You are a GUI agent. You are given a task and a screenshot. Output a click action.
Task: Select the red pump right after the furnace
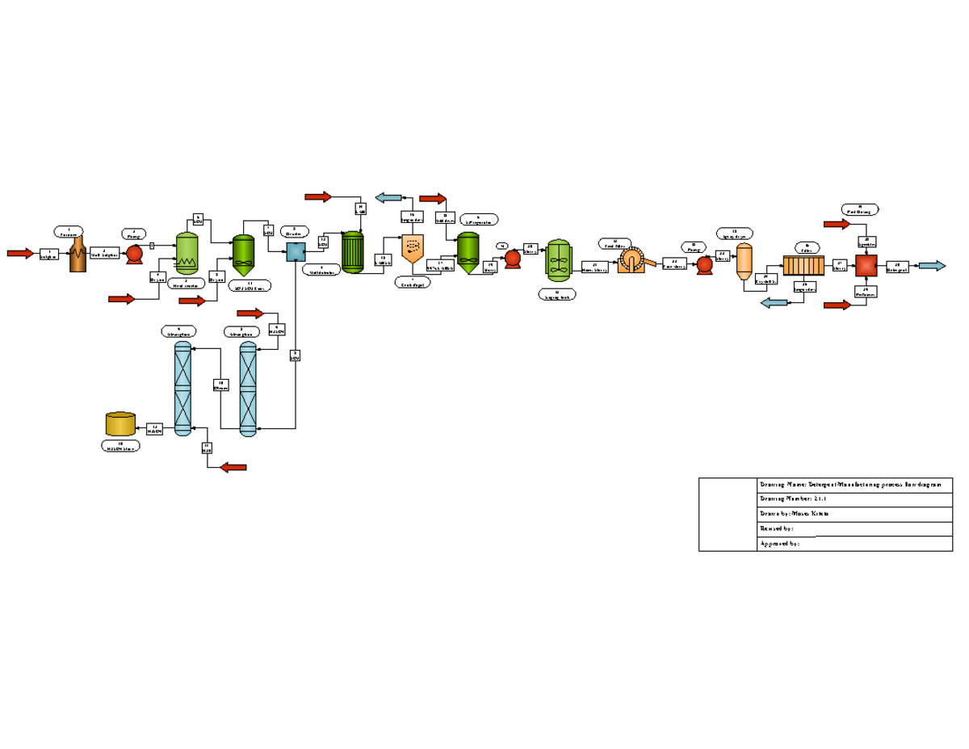134,254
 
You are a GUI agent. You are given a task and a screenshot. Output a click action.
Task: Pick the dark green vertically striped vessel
353,252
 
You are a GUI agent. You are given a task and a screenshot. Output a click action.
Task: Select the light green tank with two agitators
559,261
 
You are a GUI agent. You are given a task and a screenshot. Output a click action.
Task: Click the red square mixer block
866,265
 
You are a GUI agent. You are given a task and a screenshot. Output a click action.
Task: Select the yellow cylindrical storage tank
120,424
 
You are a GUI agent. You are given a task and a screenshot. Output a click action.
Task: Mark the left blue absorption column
182,389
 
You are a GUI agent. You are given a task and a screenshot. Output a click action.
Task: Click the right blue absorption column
248,389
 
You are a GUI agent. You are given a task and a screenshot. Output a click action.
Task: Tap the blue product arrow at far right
932,266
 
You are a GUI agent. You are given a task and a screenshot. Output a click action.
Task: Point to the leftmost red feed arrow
20,254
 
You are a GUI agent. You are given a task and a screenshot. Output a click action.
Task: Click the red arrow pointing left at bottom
233,467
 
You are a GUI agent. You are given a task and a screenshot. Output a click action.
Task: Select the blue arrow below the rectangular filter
775,303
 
